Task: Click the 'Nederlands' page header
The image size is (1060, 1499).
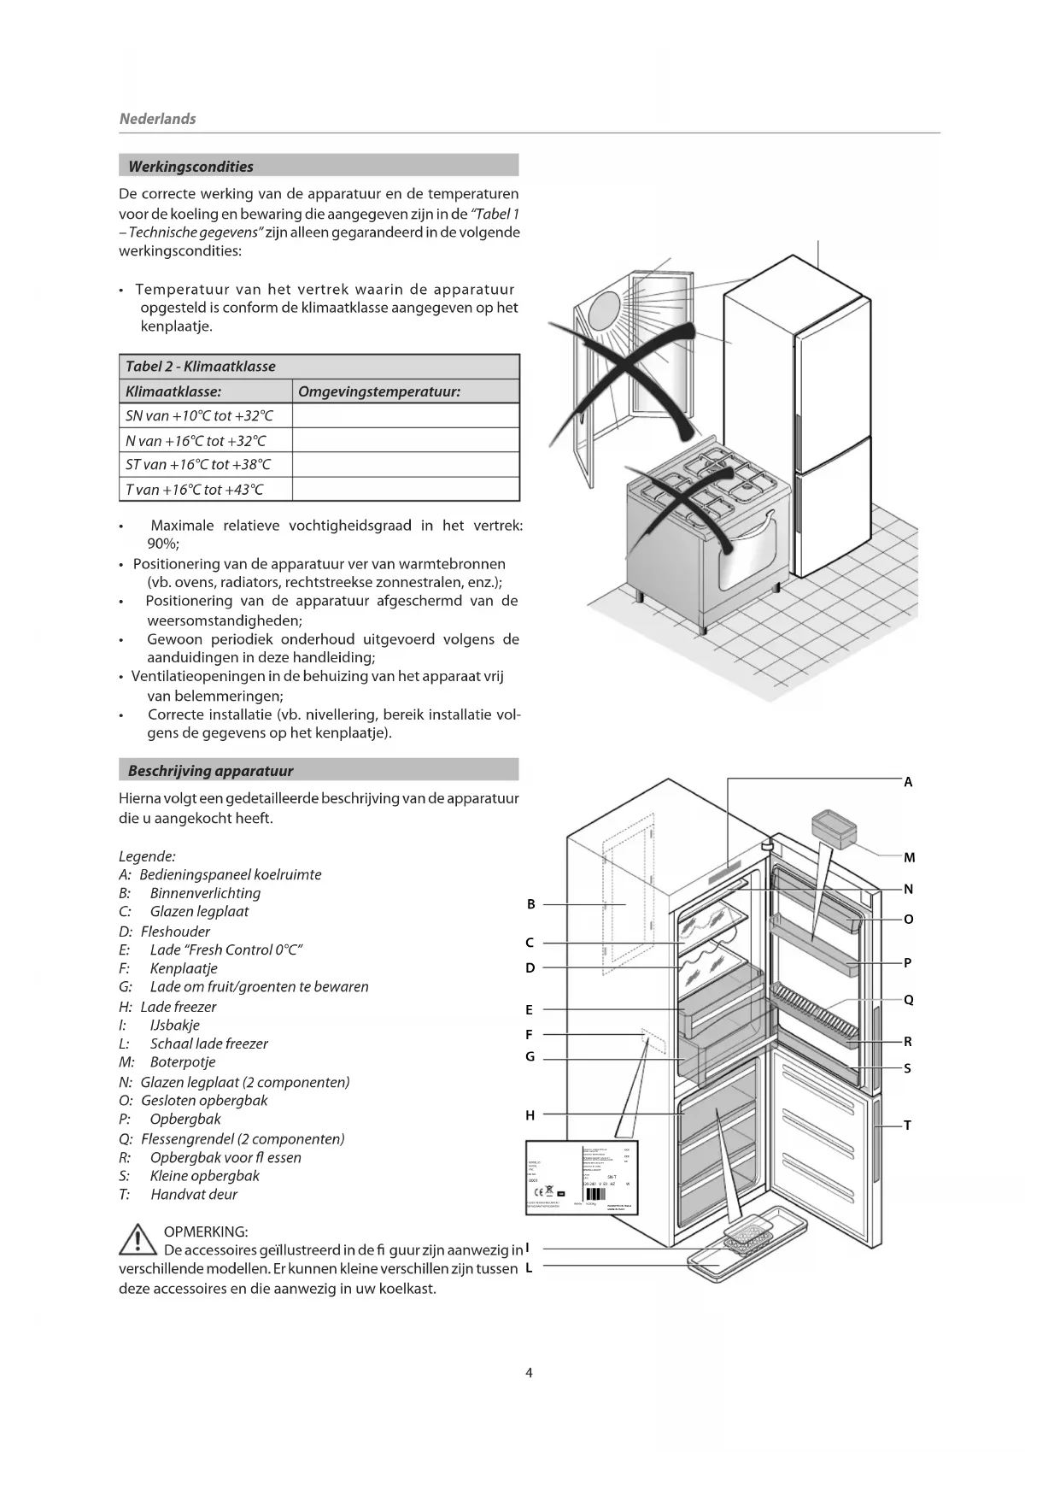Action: (x=157, y=119)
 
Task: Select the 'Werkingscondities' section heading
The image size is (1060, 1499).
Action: (x=190, y=167)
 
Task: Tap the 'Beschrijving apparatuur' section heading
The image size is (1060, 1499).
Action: (x=210, y=771)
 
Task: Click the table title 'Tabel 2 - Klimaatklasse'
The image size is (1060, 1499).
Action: (x=200, y=367)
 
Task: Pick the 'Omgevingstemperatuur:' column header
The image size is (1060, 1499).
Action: (x=379, y=391)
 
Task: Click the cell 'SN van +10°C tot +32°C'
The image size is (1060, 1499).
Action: (x=199, y=416)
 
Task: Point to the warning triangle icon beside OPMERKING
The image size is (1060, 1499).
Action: (x=138, y=1240)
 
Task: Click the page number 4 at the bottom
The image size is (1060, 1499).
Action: (x=529, y=1373)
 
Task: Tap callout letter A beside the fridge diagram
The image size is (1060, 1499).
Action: (x=908, y=782)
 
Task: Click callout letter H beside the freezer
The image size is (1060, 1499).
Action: (x=530, y=1114)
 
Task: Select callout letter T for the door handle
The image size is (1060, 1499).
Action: (x=907, y=1126)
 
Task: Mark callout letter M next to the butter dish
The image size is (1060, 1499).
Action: (x=909, y=857)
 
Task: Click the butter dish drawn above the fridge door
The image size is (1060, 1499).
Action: (x=834, y=828)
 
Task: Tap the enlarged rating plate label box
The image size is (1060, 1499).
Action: (x=581, y=1177)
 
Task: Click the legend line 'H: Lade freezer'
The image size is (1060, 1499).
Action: (x=168, y=1007)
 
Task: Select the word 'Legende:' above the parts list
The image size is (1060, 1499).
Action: (x=147, y=856)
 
